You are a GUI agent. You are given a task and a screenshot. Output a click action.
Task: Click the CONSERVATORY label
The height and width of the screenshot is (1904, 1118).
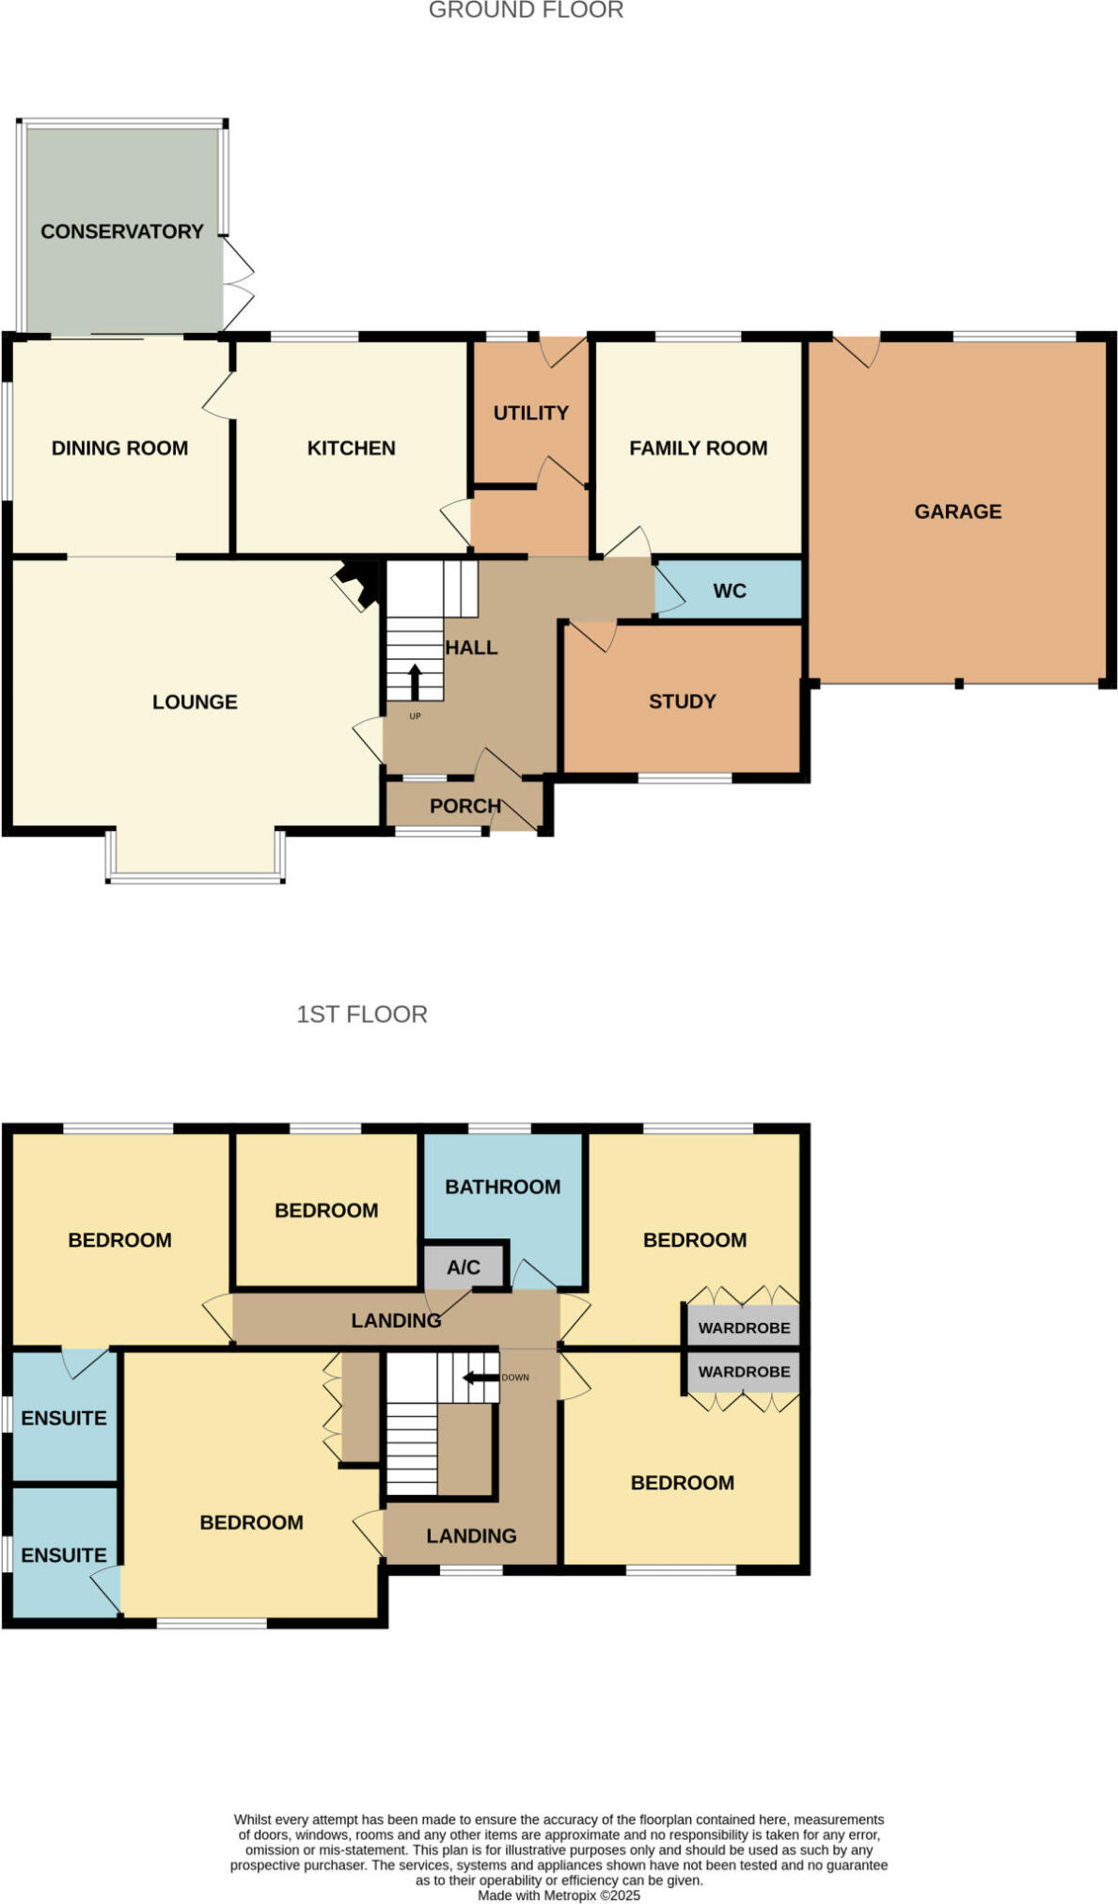click(121, 231)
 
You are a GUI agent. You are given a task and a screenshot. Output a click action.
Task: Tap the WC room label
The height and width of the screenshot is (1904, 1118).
click(729, 590)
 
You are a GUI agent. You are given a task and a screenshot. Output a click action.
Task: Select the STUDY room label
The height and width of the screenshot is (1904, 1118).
click(682, 701)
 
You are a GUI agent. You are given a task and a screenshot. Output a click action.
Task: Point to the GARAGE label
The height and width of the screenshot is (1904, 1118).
click(957, 511)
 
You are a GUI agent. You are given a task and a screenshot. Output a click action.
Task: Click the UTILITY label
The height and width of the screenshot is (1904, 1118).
click(530, 413)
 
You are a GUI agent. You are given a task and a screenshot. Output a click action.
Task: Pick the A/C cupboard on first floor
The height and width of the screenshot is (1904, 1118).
click(463, 1267)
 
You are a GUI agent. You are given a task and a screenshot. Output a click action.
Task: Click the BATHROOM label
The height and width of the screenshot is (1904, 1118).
click(502, 1187)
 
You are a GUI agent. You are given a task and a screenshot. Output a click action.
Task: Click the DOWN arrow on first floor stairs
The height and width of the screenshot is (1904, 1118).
click(480, 1377)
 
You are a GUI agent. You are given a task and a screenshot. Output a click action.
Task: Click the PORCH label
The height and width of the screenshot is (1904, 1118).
click(465, 806)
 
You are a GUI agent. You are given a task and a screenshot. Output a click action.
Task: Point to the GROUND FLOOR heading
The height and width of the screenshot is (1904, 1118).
click(526, 10)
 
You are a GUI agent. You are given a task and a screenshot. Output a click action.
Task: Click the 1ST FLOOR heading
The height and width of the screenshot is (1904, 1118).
click(361, 1014)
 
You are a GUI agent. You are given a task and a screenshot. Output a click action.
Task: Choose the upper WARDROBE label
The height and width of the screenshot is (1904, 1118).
click(744, 1328)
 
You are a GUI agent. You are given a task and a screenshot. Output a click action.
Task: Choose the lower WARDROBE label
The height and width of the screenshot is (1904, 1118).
click(744, 1372)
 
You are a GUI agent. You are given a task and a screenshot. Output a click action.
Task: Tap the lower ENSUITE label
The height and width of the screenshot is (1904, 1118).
click(63, 1555)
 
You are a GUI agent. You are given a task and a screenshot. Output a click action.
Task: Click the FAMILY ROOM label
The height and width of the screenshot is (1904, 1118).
click(698, 448)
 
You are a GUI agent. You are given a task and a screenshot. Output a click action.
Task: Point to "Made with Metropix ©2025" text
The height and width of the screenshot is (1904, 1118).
click(559, 1896)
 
